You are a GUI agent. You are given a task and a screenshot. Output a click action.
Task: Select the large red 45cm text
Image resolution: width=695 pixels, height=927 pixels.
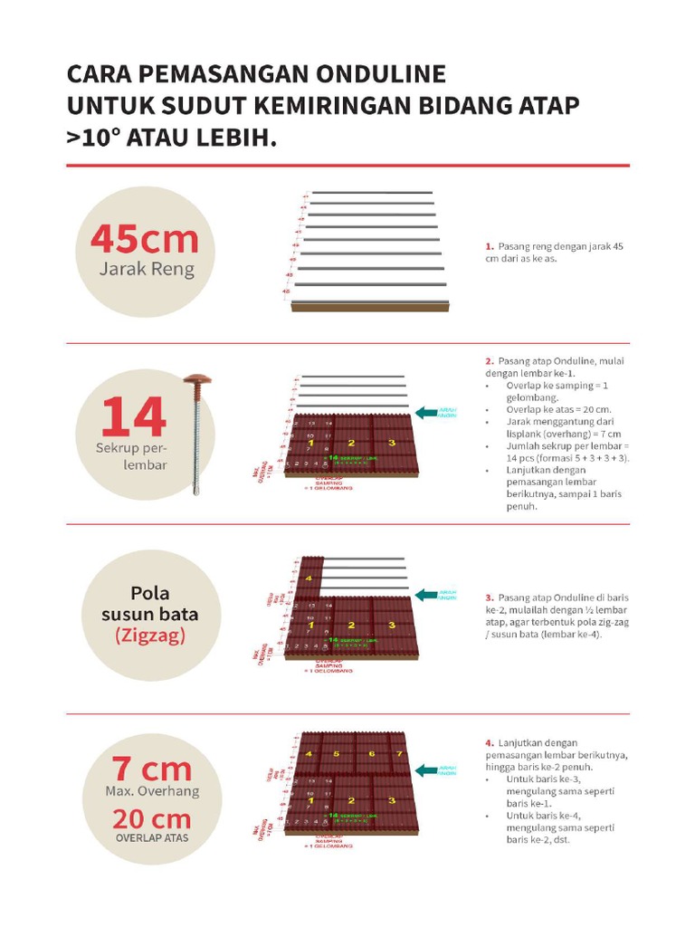click(x=144, y=239)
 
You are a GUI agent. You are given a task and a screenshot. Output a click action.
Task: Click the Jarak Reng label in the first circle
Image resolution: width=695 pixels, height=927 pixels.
click(x=147, y=269)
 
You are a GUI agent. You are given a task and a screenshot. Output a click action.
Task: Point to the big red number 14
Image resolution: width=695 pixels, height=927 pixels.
click(x=133, y=417)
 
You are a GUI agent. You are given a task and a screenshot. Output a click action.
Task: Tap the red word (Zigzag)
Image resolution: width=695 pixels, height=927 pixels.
click(x=150, y=636)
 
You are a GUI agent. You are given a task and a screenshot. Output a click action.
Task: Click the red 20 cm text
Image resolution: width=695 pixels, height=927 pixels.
click(x=151, y=819)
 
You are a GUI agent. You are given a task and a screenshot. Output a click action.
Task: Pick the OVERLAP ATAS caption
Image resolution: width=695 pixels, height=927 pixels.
click(x=152, y=838)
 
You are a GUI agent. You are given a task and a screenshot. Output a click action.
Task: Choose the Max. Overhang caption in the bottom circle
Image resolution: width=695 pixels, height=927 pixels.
click(x=152, y=792)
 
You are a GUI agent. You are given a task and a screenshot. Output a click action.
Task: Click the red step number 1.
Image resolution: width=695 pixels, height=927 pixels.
click(x=489, y=246)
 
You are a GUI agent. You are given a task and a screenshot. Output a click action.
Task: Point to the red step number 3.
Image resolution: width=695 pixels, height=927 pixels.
click(x=489, y=597)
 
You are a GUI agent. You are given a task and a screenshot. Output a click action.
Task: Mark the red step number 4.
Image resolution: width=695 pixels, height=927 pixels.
click(x=489, y=743)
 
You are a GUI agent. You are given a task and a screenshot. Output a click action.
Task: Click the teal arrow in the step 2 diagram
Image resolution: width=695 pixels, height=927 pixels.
click(x=426, y=412)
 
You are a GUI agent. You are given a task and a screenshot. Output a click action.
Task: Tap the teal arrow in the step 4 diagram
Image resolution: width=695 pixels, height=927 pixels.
click(x=425, y=769)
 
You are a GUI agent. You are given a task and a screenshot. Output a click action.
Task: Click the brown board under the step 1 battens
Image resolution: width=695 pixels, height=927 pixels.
click(x=369, y=307)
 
